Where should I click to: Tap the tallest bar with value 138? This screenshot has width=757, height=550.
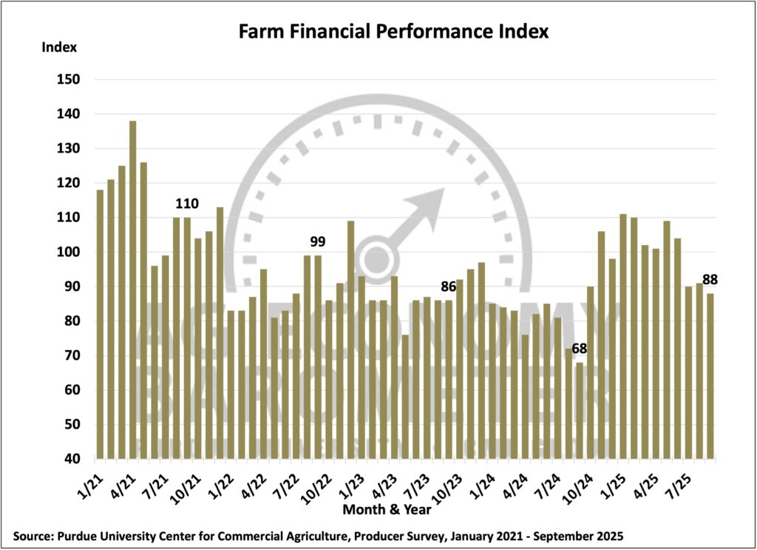[133, 289]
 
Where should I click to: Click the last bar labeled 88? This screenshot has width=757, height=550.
[710, 376]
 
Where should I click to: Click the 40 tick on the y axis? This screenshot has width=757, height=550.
[72, 460]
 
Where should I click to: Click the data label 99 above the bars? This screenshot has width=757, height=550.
[318, 241]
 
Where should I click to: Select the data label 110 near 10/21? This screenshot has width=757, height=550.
[187, 204]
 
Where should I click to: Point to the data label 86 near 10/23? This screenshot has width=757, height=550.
[449, 286]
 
